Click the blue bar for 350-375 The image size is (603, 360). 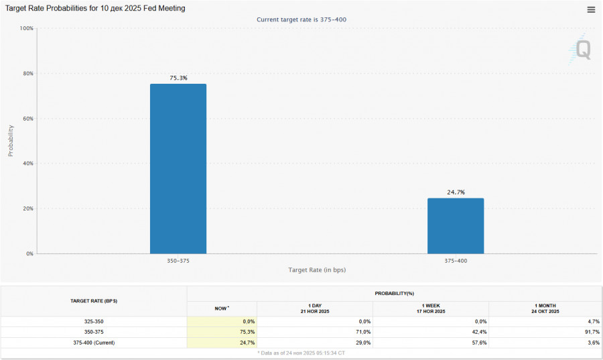pyautogui.click(x=178, y=168)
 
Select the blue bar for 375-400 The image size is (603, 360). pyautogui.click(x=456, y=225)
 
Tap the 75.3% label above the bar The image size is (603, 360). pyautogui.click(x=178, y=78)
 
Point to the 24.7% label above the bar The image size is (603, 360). pyautogui.click(x=456, y=192)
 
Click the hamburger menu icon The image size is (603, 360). pyautogui.click(x=591, y=9)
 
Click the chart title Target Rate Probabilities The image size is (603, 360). pyautogui.click(x=96, y=8)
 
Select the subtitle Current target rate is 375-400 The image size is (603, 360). pyautogui.click(x=301, y=19)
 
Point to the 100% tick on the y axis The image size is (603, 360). pyautogui.click(x=27, y=28)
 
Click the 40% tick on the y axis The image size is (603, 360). pyautogui.click(x=28, y=164)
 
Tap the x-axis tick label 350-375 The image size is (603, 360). pyautogui.click(x=178, y=260)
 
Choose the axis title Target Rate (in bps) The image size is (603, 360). pyautogui.click(x=317, y=269)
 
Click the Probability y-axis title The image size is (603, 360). pyautogui.click(x=11, y=141)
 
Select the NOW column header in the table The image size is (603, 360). pyautogui.click(x=221, y=308)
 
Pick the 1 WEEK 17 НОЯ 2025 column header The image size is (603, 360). pyautogui.click(x=431, y=308)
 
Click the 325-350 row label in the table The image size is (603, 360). pyautogui.click(x=94, y=322)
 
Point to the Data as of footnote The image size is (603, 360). pyautogui.click(x=301, y=353)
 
